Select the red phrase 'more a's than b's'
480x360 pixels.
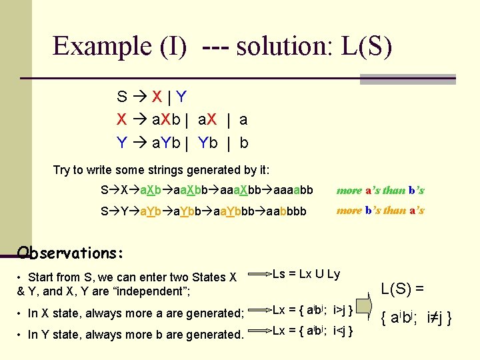[380, 190]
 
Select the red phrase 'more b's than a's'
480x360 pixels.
[380, 211]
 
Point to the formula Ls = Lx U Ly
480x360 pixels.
[307, 274]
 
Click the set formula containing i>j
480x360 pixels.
[313, 309]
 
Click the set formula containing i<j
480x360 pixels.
[313, 331]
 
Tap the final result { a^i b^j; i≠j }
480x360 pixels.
[415, 319]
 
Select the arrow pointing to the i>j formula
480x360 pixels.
[260, 310]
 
